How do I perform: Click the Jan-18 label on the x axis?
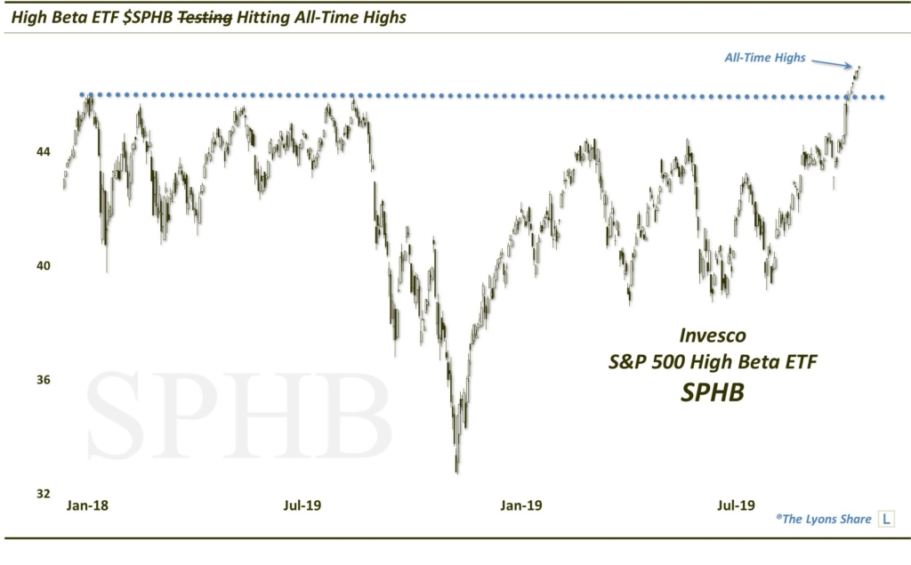[x=88, y=506]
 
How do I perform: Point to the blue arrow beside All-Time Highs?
[x=834, y=62]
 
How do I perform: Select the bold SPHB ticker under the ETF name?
[x=712, y=391]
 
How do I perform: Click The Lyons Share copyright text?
[x=823, y=519]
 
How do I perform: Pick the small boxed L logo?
[x=887, y=518]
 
